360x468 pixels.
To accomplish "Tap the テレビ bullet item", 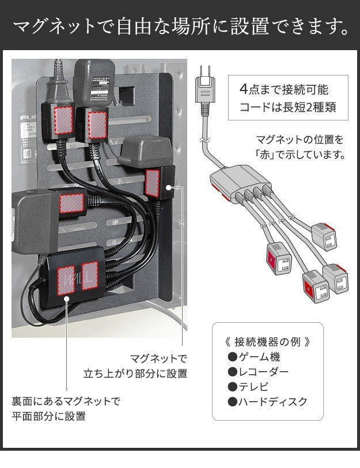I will pyautogui.click(x=254, y=387).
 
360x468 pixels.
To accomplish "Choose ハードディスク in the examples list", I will pyautogui.click(x=273, y=402).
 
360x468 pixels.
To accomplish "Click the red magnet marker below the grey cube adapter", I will pyautogui.click(x=153, y=182).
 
